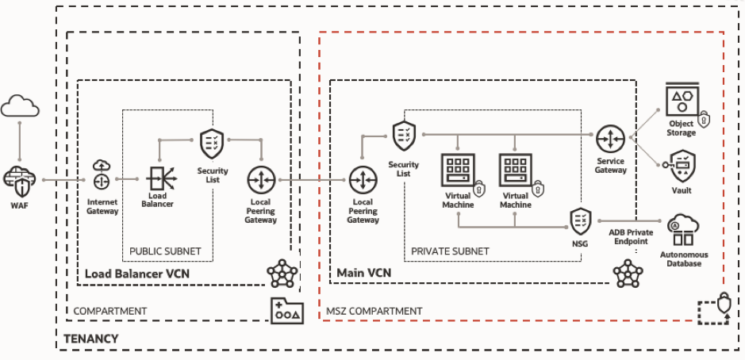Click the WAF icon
coord(19,178)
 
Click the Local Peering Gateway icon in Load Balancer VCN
coord(261,182)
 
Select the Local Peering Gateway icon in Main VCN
coord(363,182)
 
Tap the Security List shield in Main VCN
coord(403,137)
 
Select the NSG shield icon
coord(579,220)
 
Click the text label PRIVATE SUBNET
coord(450,251)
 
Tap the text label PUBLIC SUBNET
coord(166,251)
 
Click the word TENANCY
coord(92,339)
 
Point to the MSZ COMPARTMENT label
coord(374,311)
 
